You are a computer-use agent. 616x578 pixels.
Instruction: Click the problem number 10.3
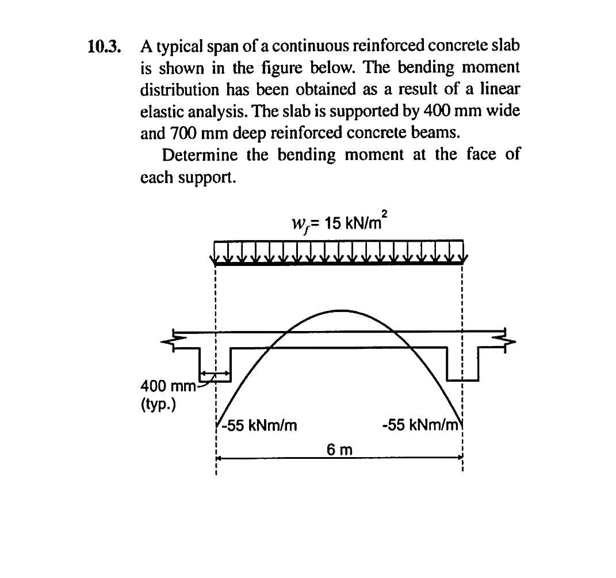pos(104,47)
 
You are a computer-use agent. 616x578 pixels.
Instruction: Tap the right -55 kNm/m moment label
pos(419,426)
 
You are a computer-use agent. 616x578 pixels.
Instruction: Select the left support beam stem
pos(215,363)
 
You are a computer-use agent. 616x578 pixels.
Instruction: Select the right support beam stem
pos(462,363)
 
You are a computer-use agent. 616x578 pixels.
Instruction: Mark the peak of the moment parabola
pos(338,310)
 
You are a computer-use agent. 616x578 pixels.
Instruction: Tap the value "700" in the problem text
pos(183,133)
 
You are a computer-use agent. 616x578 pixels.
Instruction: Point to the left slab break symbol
pos(170,340)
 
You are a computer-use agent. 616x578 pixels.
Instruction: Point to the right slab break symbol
pos(507,339)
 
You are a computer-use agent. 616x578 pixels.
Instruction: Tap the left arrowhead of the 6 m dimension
pos(218,458)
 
